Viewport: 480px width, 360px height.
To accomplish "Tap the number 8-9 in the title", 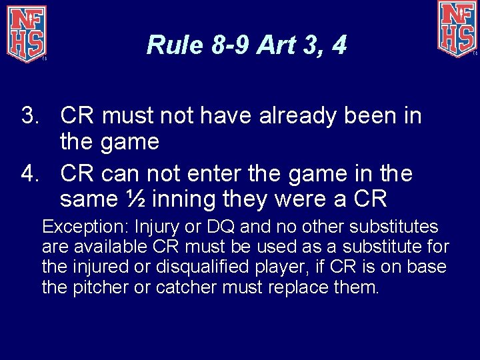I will point(229,45).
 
